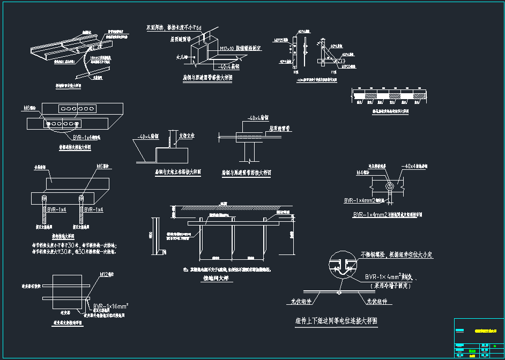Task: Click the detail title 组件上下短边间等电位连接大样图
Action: coord(337,321)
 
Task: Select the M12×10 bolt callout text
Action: coord(240,48)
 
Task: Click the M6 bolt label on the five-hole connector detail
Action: coord(30,108)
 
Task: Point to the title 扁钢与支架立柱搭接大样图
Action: coord(178,172)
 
